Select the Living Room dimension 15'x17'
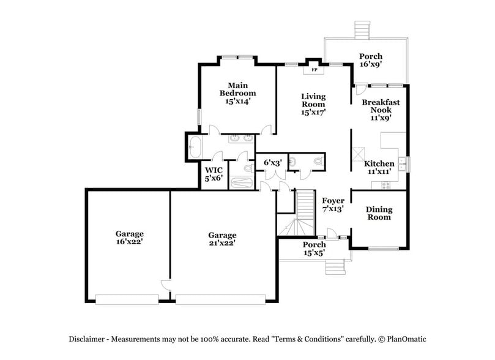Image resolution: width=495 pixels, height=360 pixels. click(313, 112)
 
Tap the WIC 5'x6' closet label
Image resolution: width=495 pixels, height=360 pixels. click(214, 174)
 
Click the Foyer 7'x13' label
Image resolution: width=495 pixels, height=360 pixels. click(333, 204)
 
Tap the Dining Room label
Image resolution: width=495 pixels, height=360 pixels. click(379, 213)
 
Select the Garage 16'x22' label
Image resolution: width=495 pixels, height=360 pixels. click(130, 238)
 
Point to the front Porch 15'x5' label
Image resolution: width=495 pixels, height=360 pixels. click(315, 249)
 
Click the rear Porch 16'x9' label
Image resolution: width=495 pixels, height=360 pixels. click(371, 59)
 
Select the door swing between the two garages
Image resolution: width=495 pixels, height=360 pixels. click(165, 285)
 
